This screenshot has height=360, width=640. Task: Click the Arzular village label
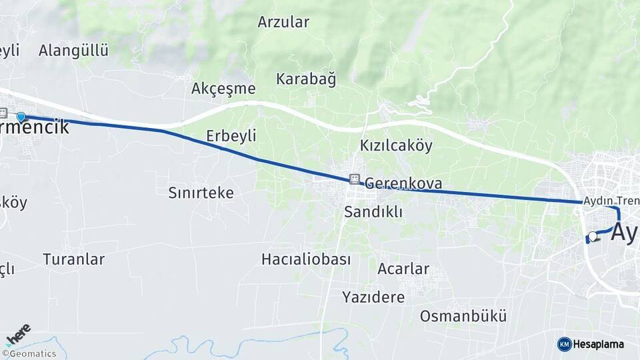coord(283,22)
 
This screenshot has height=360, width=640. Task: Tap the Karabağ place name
coord(306,79)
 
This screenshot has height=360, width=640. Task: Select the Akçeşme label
coord(223,89)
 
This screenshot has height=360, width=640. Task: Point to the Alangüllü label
coord(73,51)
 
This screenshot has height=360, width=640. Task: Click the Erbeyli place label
coord(231,136)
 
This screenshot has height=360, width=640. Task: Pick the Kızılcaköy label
coord(396,145)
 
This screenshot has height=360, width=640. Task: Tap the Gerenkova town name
coord(403,183)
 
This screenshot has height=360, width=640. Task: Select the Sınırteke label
coord(201,193)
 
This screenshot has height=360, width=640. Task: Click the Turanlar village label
coord(74,259)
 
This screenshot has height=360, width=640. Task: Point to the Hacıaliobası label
coord(306,259)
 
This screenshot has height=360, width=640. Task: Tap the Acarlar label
coord(403,269)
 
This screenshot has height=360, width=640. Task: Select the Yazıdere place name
coord(373,297)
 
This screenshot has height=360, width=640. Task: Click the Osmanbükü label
coord(463,316)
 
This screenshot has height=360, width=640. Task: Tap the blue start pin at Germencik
coord(21,117)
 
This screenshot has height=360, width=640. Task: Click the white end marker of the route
coord(592,235)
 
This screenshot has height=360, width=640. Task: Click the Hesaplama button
coord(591,344)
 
